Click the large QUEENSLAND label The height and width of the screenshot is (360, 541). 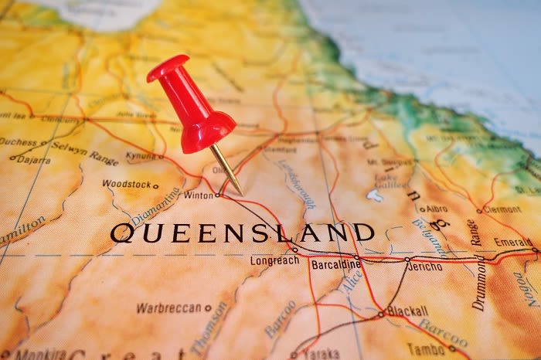242,233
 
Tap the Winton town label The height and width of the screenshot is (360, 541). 198,195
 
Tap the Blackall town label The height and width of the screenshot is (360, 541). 408,311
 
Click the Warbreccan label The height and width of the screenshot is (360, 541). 168,307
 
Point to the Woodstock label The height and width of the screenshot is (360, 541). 126,184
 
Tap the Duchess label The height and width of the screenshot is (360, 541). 19,142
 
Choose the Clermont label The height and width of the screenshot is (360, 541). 502,209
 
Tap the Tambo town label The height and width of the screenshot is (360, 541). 429,348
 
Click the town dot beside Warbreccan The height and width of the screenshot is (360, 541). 208,307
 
